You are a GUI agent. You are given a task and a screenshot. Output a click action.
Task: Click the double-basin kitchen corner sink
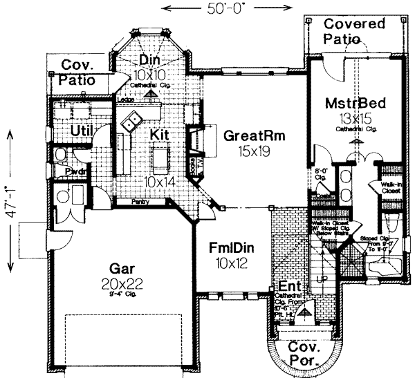(132, 124)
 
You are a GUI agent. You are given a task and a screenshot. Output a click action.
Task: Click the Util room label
(82, 131)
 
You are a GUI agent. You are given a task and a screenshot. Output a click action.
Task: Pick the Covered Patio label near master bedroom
(355, 31)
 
